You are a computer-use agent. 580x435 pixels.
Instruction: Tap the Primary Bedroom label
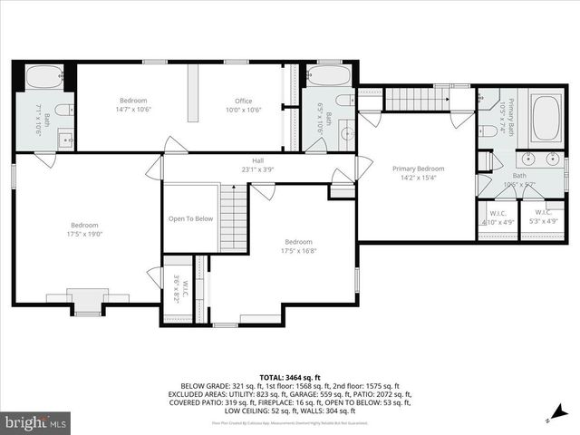[x=418, y=169]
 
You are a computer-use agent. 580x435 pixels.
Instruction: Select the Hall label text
[x=257, y=159]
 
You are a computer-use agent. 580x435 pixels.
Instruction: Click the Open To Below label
[x=190, y=218]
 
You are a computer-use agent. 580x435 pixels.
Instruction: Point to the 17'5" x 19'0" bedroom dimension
[x=86, y=235]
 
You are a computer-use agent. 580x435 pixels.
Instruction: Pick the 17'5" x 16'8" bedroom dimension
[x=298, y=251]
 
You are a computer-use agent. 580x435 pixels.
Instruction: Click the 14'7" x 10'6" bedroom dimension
[x=133, y=110]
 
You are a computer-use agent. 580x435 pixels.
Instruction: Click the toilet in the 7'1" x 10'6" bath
[x=62, y=111]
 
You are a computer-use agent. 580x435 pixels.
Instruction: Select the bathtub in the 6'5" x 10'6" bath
[x=325, y=75]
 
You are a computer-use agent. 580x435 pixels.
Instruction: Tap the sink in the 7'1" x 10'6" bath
[x=64, y=140]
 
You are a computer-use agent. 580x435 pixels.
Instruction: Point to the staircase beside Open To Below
[x=234, y=217]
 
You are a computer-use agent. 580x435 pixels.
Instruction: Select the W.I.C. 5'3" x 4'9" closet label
[x=536, y=217]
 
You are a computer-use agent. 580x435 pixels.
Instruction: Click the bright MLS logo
[x=36, y=422]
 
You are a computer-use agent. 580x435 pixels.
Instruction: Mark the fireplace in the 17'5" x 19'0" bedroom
[x=88, y=302]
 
